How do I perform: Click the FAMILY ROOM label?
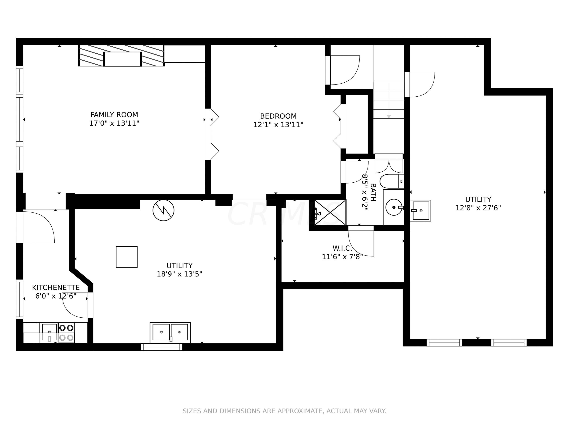coord(114,115)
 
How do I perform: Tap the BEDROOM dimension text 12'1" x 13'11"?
coord(278,125)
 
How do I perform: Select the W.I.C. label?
coord(342,248)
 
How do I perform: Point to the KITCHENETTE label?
coord(56,288)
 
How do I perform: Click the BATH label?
coord(373,192)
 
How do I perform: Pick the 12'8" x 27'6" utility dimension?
coord(478,208)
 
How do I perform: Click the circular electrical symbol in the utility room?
coord(163,210)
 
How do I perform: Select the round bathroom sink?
coord(394,207)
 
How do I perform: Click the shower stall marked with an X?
coord(330,213)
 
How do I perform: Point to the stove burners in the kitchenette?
coord(66,333)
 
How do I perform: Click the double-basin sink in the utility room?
coord(170,332)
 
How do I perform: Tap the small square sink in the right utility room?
coord(420,210)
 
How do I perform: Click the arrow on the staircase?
coord(389,100)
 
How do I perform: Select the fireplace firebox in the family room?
coord(123,59)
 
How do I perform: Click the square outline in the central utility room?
coord(127,257)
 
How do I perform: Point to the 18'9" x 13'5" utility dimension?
coord(180,274)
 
